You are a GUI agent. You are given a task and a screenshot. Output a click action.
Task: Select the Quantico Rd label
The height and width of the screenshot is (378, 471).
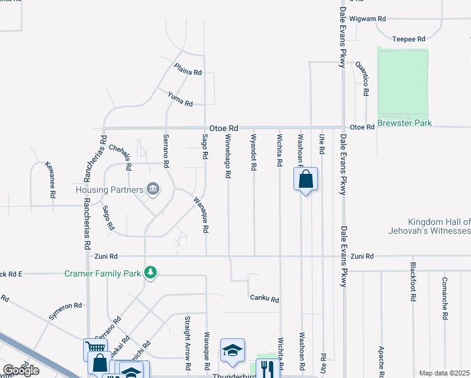[361, 78]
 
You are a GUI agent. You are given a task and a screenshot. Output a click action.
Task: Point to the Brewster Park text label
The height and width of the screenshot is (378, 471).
[404, 123]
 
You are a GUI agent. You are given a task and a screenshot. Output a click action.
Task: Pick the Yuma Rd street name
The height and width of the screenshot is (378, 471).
[179, 98]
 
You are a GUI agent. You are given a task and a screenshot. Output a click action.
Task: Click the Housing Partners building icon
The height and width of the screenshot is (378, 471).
[152, 188]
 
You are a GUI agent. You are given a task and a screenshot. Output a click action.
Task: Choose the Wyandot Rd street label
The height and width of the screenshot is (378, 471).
[253, 152]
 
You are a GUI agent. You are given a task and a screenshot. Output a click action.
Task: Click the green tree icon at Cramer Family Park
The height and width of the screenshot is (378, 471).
[150, 272]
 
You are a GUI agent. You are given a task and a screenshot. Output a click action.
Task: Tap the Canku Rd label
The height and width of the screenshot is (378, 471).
[264, 299]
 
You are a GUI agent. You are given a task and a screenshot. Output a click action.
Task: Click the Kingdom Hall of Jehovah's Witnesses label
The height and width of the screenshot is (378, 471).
[439, 227]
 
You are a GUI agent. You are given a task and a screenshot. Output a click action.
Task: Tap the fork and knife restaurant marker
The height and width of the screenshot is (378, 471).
[268, 369]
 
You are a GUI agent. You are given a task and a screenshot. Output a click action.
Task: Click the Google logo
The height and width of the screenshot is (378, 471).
[21, 370]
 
